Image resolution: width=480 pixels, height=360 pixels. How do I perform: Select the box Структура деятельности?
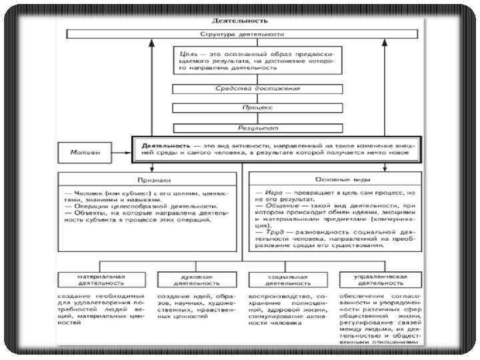click(x=242, y=34)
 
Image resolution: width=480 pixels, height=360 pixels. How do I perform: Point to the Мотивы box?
click(x=86, y=153)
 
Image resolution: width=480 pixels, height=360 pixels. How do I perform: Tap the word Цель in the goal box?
click(x=187, y=51)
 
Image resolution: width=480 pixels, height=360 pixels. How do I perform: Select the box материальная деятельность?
click(x=101, y=279)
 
